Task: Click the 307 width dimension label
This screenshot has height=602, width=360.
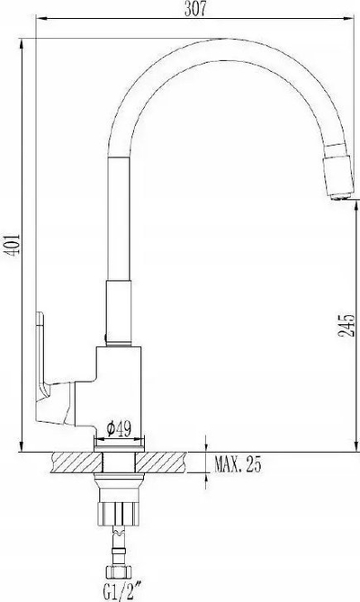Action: (x=195, y=8)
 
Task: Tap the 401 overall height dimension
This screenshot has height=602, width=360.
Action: (x=12, y=244)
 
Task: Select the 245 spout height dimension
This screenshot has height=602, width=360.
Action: (x=346, y=326)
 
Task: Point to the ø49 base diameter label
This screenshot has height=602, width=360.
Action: (x=119, y=429)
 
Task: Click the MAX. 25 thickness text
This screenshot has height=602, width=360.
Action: (x=238, y=464)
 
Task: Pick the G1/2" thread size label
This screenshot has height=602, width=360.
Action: (x=119, y=593)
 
